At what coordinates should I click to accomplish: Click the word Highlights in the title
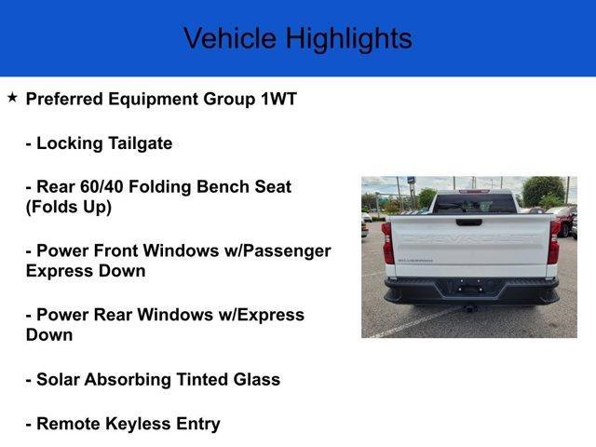(349, 39)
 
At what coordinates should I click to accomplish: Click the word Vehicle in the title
(230, 38)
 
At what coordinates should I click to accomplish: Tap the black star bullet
(12, 98)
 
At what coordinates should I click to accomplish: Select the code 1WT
(278, 99)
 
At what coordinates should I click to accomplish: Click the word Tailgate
(141, 144)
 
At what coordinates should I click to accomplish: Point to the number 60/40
(102, 186)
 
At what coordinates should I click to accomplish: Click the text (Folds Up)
(69, 207)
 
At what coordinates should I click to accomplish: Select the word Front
(115, 251)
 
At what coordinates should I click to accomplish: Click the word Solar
(58, 379)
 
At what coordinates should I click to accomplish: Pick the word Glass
(257, 379)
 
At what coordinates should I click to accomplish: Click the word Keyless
(138, 425)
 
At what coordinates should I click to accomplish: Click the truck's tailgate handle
(468, 223)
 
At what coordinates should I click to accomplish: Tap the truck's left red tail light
(387, 243)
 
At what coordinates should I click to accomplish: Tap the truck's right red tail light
(554, 242)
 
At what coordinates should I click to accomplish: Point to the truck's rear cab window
(474, 204)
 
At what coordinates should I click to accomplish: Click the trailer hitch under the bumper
(470, 308)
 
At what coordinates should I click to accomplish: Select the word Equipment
(156, 100)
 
